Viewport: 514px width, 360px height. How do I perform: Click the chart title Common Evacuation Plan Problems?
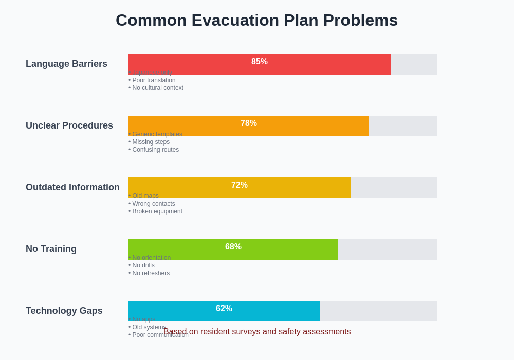(256, 20)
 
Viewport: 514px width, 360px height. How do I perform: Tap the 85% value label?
(260, 62)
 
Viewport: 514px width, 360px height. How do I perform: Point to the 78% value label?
(249, 123)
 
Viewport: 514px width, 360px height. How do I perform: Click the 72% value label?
(240, 185)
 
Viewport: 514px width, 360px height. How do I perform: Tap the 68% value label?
(233, 247)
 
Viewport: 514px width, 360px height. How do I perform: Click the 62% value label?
(224, 309)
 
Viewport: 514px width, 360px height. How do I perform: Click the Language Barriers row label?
(66, 64)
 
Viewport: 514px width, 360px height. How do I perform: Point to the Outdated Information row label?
(72, 187)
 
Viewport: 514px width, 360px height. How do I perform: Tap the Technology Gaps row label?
(64, 311)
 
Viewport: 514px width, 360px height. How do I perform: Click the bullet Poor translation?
(153, 80)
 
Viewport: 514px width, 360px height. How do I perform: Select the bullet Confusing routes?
(155, 150)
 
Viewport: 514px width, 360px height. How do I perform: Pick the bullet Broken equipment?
(156, 211)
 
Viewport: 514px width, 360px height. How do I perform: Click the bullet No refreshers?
(150, 273)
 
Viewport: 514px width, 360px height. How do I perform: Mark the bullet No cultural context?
(157, 88)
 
